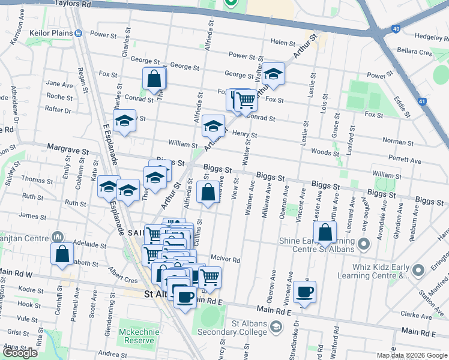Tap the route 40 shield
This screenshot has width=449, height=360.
395,28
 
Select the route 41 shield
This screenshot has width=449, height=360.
423,102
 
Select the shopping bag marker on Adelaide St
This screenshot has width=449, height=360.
63,254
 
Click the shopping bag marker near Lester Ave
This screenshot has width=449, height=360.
324,233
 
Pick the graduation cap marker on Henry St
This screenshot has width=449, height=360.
212,126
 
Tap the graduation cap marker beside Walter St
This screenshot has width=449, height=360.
273,74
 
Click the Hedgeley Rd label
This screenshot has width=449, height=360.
429,37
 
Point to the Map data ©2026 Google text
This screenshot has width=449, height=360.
411,355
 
